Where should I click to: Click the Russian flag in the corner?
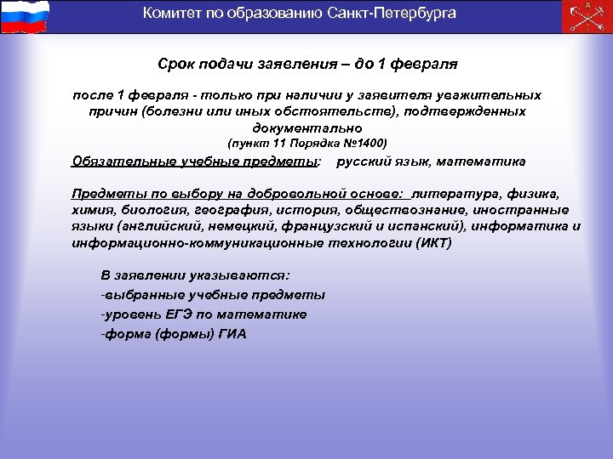[x=26, y=16]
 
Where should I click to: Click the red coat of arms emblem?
[x=586, y=16]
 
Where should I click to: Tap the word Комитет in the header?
[x=169, y=13]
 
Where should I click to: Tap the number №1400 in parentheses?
[x=364, y=144]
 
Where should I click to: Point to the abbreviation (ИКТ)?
[x=434, y=243]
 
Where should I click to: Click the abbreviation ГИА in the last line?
[x=232, y=334]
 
